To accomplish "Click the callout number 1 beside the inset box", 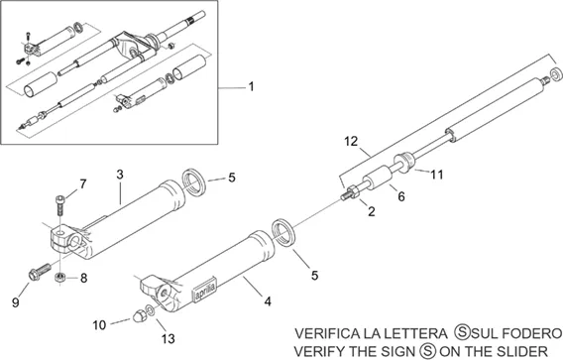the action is (252, 86).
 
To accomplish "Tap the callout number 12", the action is (351, 141).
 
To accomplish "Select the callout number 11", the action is (436, 175).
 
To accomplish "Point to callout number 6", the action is (401, 196).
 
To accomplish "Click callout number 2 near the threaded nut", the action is (372, 211).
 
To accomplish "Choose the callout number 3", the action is (120, 175).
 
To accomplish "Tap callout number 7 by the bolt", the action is (83, 184).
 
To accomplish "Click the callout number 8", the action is (83, 278).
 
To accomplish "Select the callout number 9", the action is (15, 302).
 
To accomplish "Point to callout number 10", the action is (99, 325).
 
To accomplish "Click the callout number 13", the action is (168, 338).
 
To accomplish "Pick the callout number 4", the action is (268, 301).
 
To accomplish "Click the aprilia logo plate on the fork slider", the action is (205, 290).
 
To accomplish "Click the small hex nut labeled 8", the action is (59, 278).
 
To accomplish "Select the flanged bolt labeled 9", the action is (40, 272).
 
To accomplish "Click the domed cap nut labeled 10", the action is (138, 315).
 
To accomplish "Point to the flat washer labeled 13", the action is (151, 310).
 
